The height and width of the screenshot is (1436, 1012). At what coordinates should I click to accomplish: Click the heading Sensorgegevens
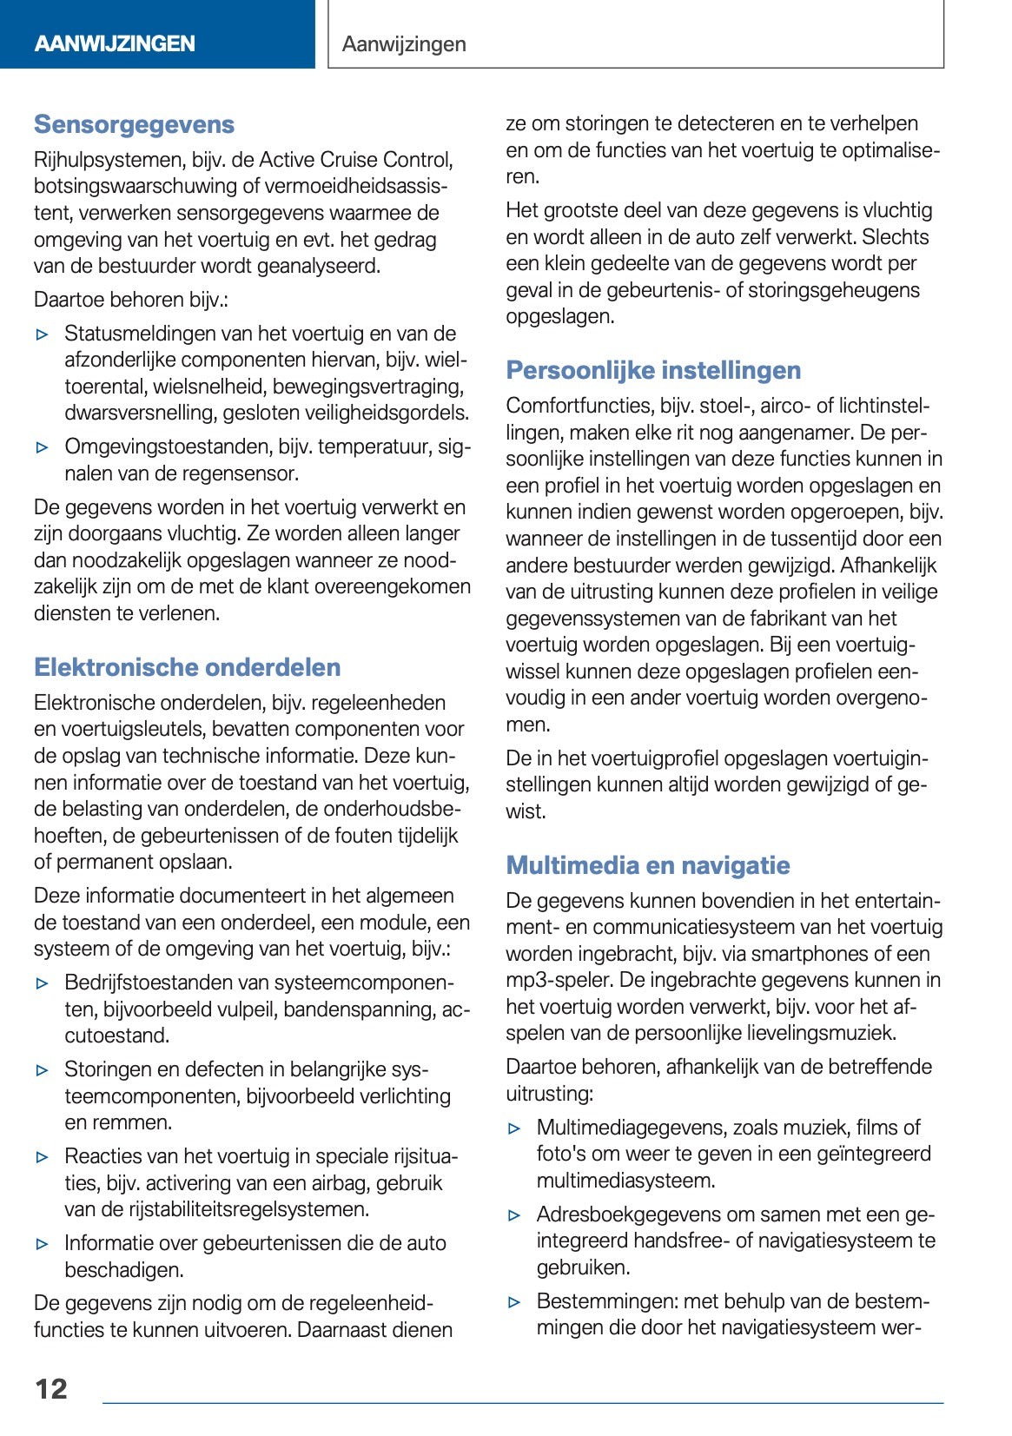pos(134,125)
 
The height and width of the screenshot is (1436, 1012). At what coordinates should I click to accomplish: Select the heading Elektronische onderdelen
pos(187,668)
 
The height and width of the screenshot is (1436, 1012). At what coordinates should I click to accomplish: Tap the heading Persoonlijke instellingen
pos(653,371)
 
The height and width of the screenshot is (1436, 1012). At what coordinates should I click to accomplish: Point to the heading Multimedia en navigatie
pos(648,866)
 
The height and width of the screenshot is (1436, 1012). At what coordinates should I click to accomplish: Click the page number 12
pos(51,1389)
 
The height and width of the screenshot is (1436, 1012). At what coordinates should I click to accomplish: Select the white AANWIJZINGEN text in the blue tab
pos(115,44)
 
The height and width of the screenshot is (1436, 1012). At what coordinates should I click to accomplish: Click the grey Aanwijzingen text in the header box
pos(404,44)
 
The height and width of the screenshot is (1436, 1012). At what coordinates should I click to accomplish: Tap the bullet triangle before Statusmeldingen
pos(42,334)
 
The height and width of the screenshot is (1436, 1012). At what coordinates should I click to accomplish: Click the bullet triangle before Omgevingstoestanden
pos(42,447)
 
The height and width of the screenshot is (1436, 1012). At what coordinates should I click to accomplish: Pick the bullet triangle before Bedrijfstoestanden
pos(42,983)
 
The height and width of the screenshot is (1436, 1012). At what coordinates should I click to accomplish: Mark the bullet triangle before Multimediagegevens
pos(514,1128)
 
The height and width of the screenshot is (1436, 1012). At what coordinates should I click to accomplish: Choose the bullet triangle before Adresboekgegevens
pos(514,1215)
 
